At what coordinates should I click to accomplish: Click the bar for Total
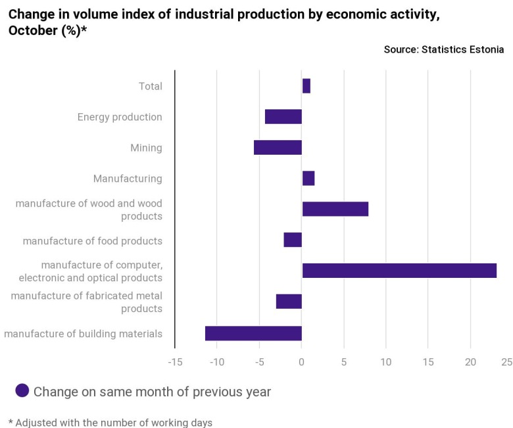point(306,86)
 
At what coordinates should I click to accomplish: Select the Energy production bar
point(283,117)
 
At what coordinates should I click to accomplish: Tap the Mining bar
point(278,147)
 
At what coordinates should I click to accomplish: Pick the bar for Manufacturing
point(308,178)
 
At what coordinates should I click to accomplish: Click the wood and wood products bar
point(335,209)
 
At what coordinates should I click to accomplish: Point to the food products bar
point(293,240)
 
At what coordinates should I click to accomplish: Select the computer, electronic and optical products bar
point(399,270)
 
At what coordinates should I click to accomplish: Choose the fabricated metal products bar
point(289,301)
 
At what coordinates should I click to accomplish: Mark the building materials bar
point(253,333)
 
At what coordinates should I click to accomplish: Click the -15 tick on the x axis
point(175,361)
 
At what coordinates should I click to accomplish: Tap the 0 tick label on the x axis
point(302,361)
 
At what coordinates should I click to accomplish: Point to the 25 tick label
point(506,361)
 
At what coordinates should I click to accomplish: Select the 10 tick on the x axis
point(385,361)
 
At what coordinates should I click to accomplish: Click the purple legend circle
point(22,390)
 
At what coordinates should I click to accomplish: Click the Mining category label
point(146,147)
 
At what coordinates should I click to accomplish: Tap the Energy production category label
point(120,117)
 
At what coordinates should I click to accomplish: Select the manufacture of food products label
point(92,241)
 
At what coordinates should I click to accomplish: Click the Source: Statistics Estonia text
point(444,49)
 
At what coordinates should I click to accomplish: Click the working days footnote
point(110,422)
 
